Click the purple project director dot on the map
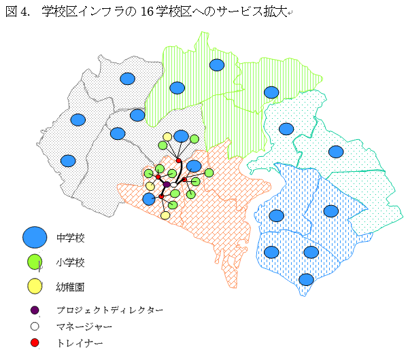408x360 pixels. coord(167,184)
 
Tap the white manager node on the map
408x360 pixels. coord(174,184)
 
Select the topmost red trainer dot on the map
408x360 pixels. coord(178,160)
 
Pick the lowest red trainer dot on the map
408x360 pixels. coord(161,196)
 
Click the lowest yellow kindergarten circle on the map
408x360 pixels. coord(165,215)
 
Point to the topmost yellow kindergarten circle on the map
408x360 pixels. coord(167,137)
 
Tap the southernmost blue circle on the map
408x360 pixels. coord(306,279)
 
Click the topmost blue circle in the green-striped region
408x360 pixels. coord(216,65)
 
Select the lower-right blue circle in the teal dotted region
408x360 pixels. coord(336,151)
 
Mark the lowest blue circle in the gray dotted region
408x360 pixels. coord(68,161)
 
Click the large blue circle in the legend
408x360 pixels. coord(35,237)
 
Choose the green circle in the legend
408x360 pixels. coord(35,262)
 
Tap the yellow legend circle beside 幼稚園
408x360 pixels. coord(35,285)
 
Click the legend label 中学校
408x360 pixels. coord(71,238)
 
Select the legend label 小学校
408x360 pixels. coord(71,262)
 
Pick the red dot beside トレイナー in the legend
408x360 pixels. coord(35,343)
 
